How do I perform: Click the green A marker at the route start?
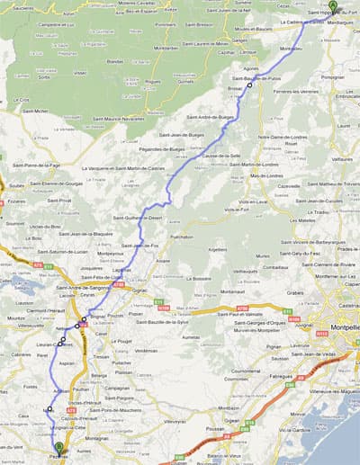tap(333, 6)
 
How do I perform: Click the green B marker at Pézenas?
tap(59, 446)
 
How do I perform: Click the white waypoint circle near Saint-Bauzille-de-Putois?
tap(249, 87)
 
